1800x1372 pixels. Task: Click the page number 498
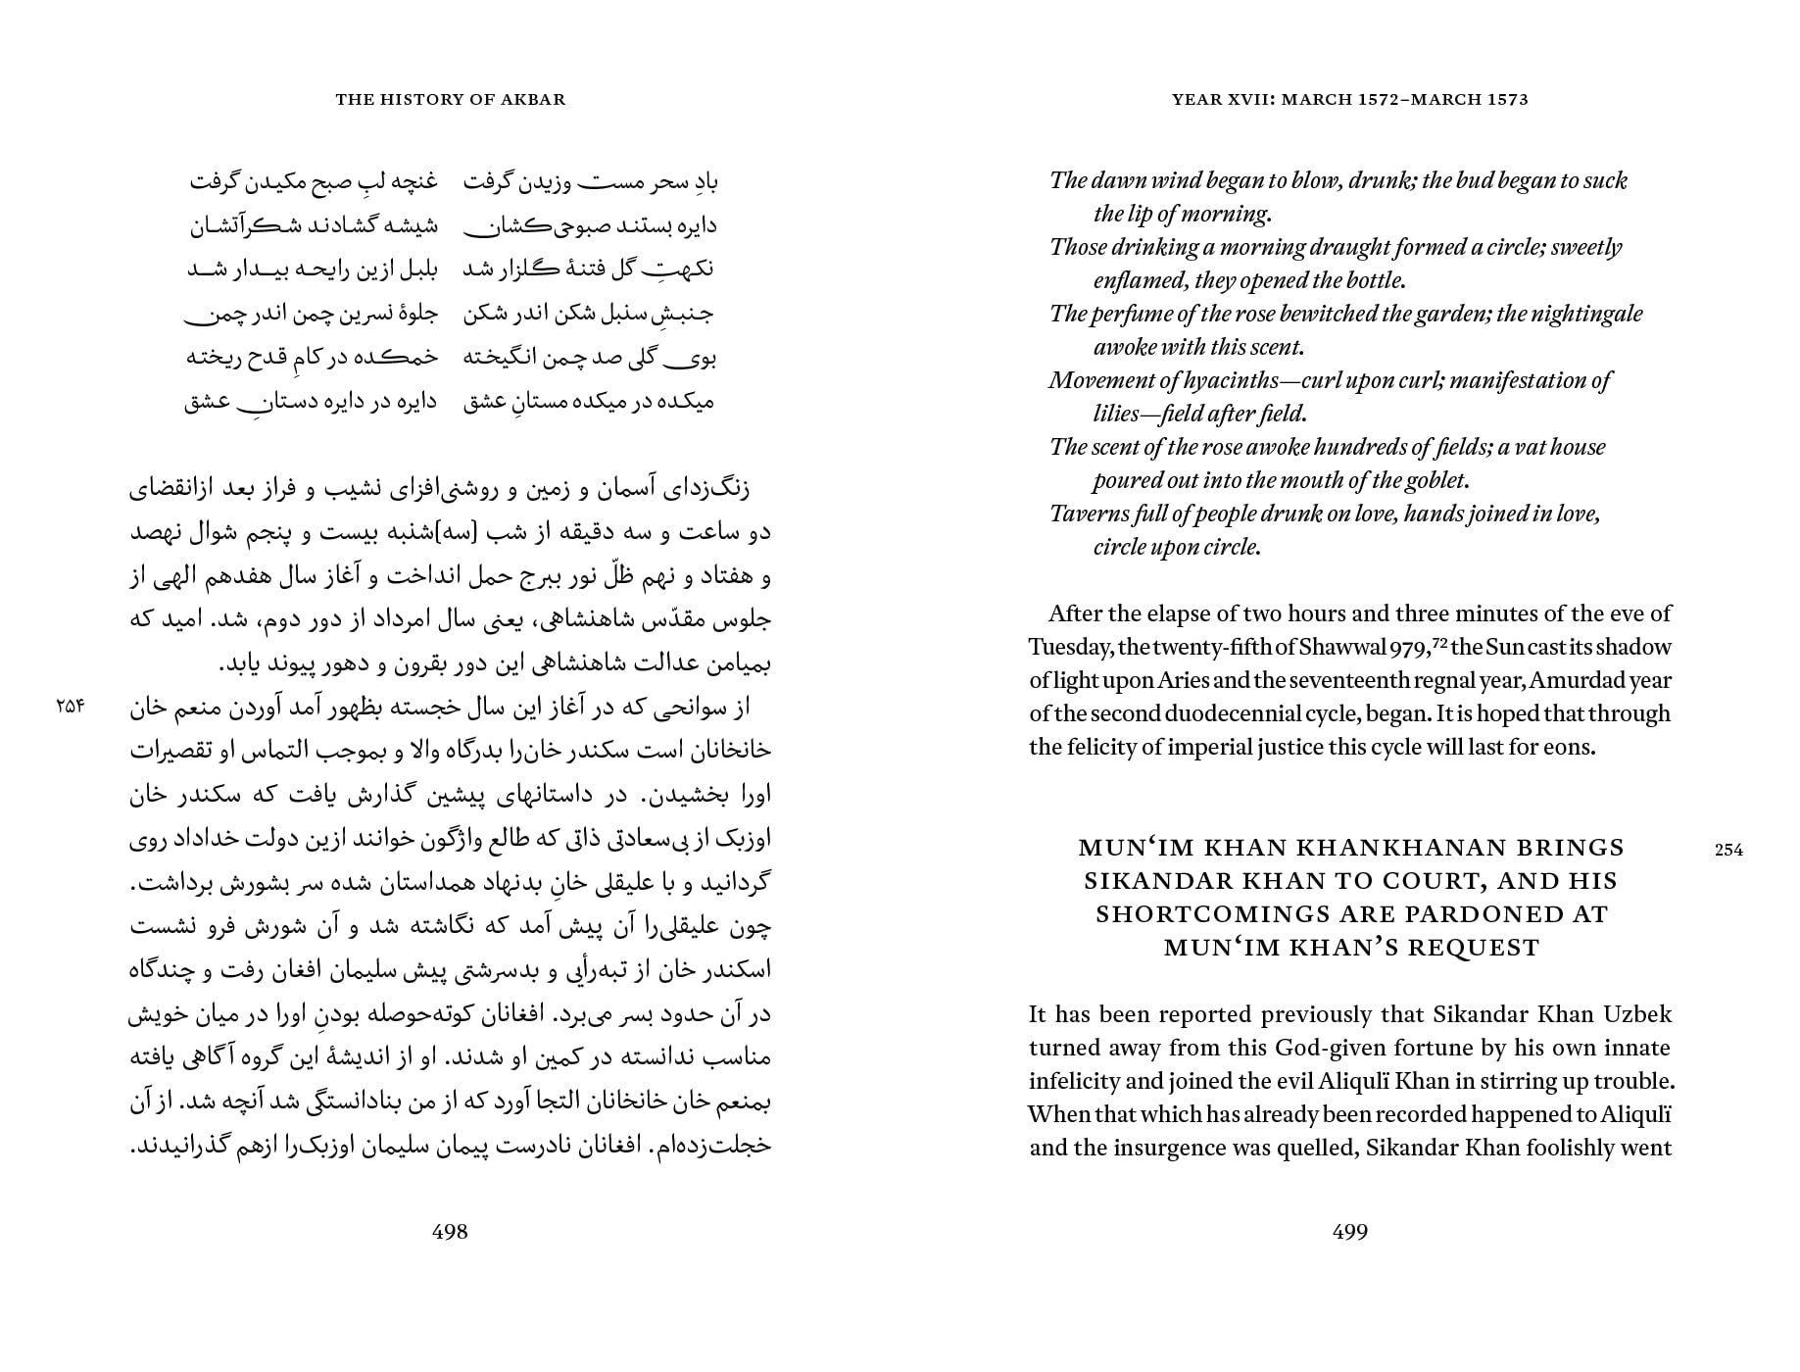point(450,1232)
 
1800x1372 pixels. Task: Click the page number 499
point(1350,1232)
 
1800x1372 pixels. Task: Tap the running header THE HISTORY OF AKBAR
point(450,99)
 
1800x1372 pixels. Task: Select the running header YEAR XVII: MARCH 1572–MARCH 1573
point(1349,99)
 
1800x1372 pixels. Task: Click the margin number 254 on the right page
point(1728,850)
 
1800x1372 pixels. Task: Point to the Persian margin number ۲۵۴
point(72,705)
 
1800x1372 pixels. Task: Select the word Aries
point(1184,681)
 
